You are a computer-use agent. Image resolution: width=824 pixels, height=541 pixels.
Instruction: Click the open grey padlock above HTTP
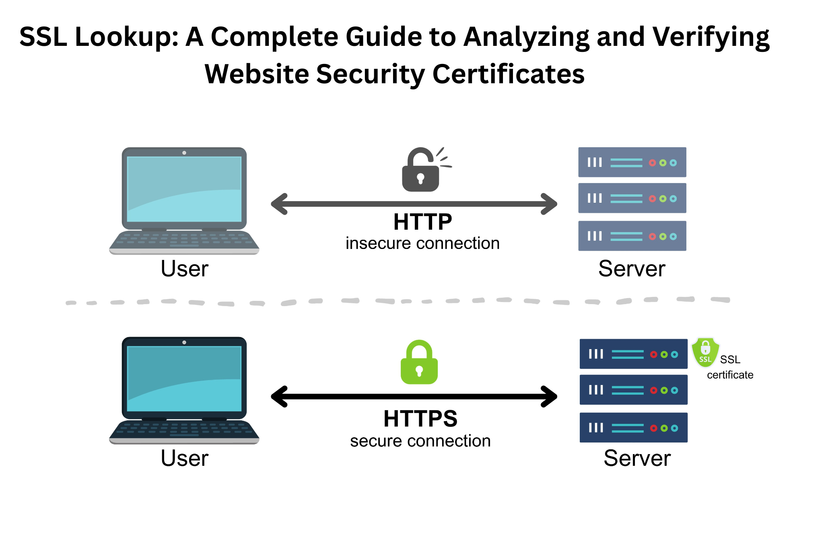tap(420, 171)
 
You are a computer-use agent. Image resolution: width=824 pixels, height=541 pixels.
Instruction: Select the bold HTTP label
tap(422, 222)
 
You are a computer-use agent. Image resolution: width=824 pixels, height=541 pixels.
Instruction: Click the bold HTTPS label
tap(420, 419)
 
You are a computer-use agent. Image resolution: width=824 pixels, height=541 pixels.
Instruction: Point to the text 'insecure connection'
tap(422, 244)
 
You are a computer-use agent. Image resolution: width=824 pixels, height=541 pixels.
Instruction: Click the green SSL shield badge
tap(705, 352)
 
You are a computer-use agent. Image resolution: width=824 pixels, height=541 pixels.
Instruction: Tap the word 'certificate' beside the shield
tap(730, 375)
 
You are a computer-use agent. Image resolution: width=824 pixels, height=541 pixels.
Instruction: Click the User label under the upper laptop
tap(184, 269)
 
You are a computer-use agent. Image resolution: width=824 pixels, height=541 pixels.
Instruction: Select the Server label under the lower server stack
tap(637, 458)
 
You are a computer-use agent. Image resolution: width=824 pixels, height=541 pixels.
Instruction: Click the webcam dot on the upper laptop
tap(184, 153)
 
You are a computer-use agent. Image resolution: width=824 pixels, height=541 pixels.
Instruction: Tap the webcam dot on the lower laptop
tap(184, 342)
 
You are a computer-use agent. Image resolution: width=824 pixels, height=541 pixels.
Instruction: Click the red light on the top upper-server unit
tap(652, 163)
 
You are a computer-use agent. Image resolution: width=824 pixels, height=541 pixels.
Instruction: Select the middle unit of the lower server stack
tap(633, 390)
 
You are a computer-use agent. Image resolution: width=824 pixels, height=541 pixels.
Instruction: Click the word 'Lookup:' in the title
tap(127, 37)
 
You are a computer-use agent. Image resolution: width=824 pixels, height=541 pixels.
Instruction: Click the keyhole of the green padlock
tap(419, 370)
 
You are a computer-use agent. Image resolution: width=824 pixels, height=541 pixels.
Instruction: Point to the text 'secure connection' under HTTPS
tap(420, 441)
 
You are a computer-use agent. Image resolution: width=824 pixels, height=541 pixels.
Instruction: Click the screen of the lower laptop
tap(184, 378)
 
